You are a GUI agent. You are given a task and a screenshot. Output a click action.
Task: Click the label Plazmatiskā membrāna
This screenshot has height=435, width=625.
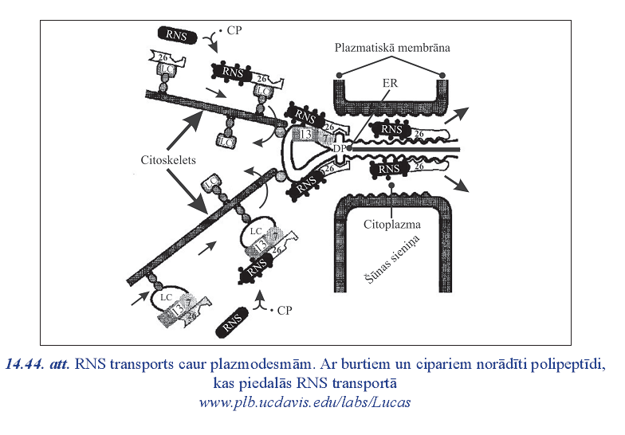[x=392, y=48]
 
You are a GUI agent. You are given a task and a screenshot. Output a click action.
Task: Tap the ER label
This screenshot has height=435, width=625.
[x=389, y=82]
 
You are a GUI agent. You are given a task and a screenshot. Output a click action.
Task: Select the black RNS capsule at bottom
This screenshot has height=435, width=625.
[x=231, y=323]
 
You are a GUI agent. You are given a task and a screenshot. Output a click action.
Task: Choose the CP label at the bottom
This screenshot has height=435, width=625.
[x=282, y=310]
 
